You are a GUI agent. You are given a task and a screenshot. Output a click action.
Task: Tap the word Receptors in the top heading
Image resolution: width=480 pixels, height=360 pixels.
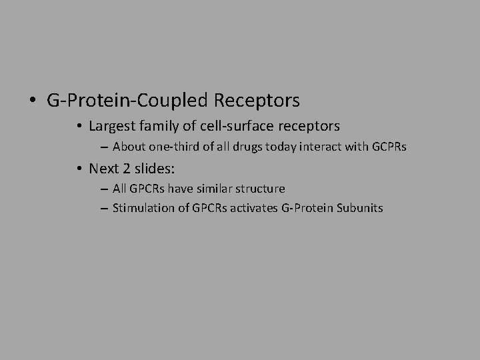257,101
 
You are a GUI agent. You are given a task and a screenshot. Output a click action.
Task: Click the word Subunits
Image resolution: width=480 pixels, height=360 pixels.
360,208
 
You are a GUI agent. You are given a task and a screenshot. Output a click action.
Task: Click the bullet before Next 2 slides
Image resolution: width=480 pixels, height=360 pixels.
79,168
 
